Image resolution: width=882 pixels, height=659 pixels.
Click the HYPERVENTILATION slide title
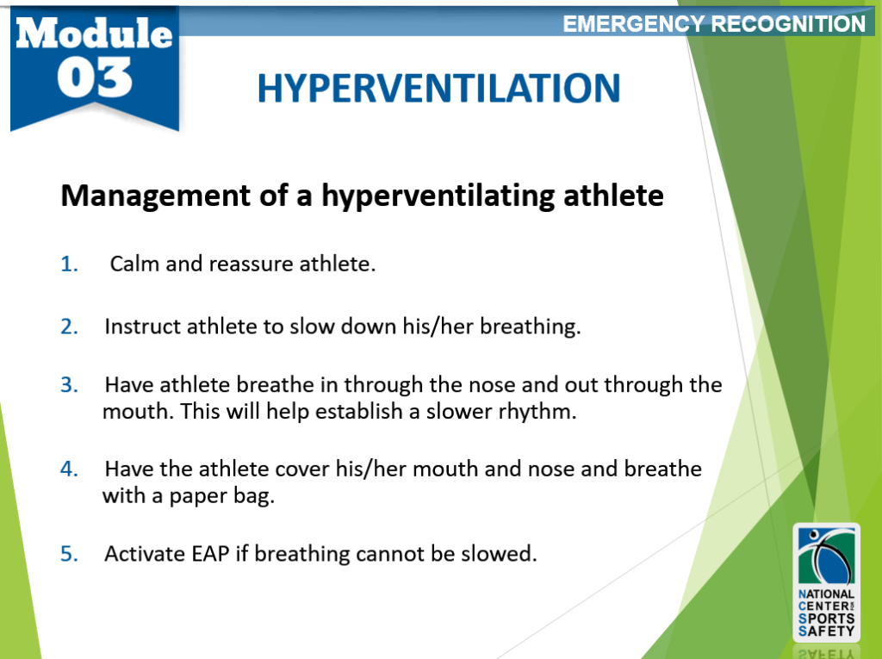tap(438, 88)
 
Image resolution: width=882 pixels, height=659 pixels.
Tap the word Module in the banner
tap(94, 33)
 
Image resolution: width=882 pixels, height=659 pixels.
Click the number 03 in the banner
tap(96, 78)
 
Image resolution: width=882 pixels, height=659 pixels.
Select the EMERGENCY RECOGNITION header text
tap(714, 24)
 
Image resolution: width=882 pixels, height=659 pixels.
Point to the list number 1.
tap(69, 264)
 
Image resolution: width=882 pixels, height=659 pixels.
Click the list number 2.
tap(69, 327)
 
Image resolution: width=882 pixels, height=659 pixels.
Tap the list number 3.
tap(69, 385)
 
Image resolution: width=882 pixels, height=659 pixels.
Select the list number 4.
tap(69, 469)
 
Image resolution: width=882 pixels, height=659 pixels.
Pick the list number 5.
tap(69, 554)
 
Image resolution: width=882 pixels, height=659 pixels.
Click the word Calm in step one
tap(134, 264)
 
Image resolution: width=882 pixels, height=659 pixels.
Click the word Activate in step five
tap(142, 554)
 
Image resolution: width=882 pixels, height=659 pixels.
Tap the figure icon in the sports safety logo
tap(824, 556)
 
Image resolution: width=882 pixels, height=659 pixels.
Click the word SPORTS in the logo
tap(828, 619)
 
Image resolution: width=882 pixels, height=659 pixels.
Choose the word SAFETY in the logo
tap(828, 631)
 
